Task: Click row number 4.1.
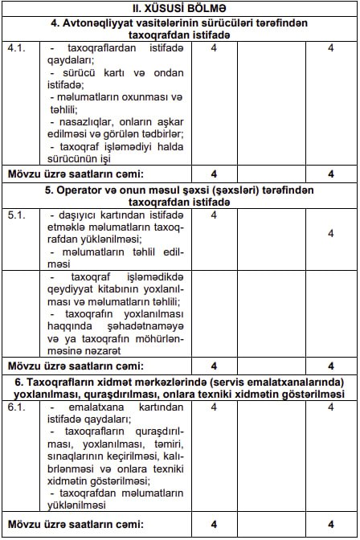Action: click(x=16, y=49)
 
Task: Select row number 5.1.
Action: click(x=16, y=215)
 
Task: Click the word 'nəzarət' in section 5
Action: click(x=100, y=350)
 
